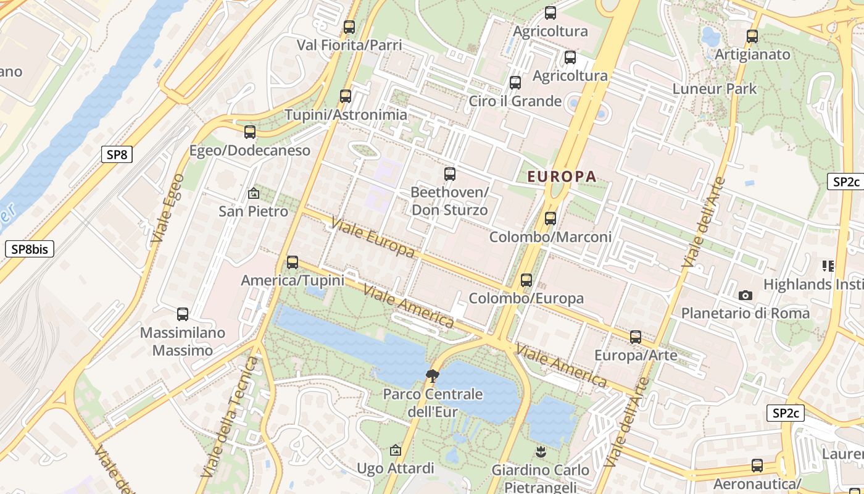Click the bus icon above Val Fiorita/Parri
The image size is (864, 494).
tap(349, 27)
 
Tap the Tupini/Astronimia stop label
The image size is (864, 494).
tap(346, 115)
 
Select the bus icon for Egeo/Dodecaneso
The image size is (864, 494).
tap(250, 132)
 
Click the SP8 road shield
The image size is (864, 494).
tap(117, 154)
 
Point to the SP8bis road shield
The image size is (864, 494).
tap(30, 249)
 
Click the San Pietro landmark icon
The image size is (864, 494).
tap(253, 193)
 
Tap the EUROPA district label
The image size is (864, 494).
tap(562, 177)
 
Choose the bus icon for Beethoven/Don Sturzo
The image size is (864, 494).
tap(450, 174)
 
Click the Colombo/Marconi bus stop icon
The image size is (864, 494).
tap(550, 219)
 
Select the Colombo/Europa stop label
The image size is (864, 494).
tap(526, 299)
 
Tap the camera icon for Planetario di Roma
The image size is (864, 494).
tap(746, 295)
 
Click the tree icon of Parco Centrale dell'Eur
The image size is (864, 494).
tap(433, 375)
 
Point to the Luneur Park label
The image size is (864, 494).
tap(715, 88)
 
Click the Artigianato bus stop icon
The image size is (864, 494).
tap(752, 36)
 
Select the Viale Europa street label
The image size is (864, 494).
tap(373, 237)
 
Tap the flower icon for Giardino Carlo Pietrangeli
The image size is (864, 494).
tap(541, 452)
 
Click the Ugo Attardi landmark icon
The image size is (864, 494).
tap(396, 451)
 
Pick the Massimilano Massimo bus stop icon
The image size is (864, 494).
tap(183, 314)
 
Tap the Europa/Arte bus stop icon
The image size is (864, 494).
tap(636, 338)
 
